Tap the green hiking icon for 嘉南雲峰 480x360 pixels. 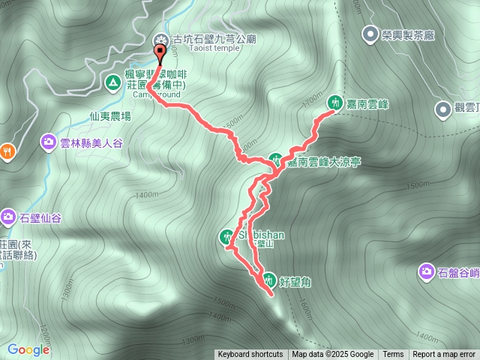[335, 100]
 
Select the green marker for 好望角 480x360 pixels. [269, 281]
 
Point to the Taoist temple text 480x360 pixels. [205, 48]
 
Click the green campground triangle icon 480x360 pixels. [112, 82]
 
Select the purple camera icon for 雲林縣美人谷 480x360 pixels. [48, 140]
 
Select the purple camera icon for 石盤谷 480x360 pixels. [427, 271]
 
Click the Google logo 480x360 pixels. [28, 349]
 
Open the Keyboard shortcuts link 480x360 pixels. [250, 355]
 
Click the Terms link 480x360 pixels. [393, 355]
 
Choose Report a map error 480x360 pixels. [444, 355]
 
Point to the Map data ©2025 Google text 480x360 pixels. [333, 355]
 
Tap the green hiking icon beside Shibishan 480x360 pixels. [227, 237]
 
